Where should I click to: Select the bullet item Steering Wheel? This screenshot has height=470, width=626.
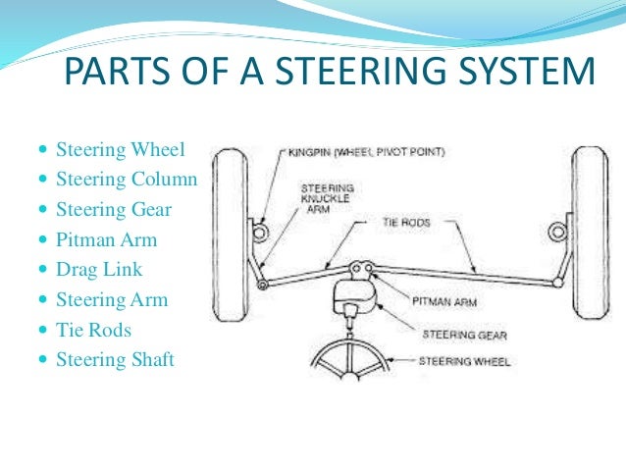(x=121, y=151)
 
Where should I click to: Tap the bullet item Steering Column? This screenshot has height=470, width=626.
(x=127, y=181)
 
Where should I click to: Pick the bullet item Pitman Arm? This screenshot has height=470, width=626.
(x=106, y=239)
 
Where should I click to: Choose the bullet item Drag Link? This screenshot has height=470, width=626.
(x=99, y=269)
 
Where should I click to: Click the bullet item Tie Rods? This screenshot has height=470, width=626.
(x=93, y=330)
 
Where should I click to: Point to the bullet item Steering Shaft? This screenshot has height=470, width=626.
(x=115, y=359)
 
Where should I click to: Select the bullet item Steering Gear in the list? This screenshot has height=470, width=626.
(x=114, y=210)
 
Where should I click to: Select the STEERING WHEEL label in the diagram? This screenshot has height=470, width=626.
(x=463, y=361)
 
